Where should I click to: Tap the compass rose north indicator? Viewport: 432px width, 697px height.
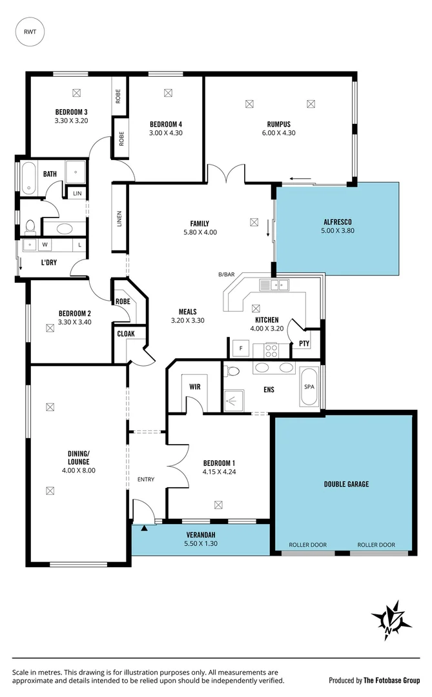tap(391, 620)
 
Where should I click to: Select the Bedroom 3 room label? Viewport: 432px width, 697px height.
tap(71, 112)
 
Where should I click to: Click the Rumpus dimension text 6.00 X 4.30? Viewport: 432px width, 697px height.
tap(278, 133)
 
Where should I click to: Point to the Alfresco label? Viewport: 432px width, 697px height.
tap(336, 223)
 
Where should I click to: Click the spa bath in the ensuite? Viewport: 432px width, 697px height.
tap(309, 387)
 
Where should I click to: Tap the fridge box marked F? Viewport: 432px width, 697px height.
tap(240, 349)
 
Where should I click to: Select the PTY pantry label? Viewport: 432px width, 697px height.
tap(303, 343)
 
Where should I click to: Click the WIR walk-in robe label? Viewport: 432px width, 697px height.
tap(195, 387)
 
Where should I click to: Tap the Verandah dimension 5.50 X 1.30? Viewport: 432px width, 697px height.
tap(201, 544)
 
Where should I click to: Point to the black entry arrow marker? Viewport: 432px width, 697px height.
tap(144, 528)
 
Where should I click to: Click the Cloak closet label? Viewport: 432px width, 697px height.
tap(125, 334)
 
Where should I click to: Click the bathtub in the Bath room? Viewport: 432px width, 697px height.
tap(29, 178)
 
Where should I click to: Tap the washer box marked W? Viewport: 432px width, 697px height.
tap(45, 245)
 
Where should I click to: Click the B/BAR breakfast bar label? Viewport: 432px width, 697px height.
tap(226, 274)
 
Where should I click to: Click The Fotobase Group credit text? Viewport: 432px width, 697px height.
tap(391, 680)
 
